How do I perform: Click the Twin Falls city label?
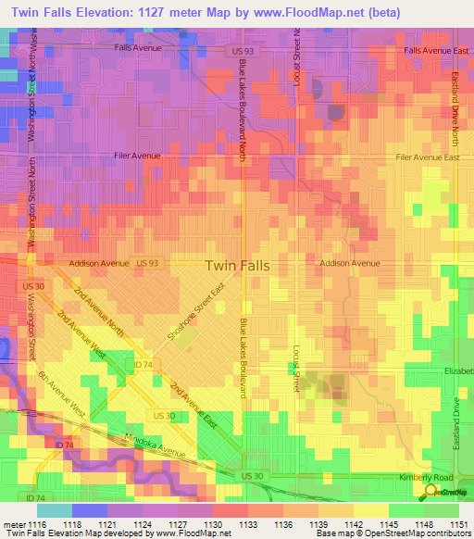click(237, 265)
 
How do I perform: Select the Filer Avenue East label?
click(427, 157)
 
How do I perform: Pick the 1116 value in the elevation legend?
click(34, 525)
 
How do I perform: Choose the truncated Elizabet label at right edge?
click(457, 370)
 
